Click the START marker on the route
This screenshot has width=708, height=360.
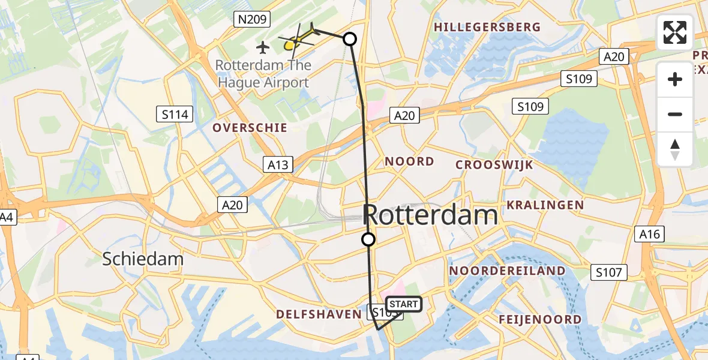[x=404, y=304]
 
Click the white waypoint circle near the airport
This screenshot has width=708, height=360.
[x=349, y=39]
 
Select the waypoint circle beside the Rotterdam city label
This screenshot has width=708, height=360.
[x=368, y=239]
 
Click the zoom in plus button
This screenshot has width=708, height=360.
[x=675, y=79]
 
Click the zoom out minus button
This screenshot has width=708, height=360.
[x=675, y=114]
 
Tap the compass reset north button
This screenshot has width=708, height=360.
[x=675, y=149]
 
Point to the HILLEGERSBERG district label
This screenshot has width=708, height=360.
[x=487, y=28]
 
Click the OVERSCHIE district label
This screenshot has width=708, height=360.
[x=250, y=128]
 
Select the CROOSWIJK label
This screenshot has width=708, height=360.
[x=494, y=165]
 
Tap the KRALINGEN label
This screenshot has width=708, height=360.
[x=545, y=205]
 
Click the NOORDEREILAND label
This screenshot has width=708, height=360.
[x=507, y=271]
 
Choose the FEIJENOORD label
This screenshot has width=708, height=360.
[x=540, y=319]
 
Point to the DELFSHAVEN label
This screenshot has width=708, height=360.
[x=318, y=314]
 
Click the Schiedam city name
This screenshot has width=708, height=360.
[x=143, y=259]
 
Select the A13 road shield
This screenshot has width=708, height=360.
[x=278, y=164]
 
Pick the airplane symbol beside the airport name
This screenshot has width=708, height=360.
[x=263, y=46]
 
